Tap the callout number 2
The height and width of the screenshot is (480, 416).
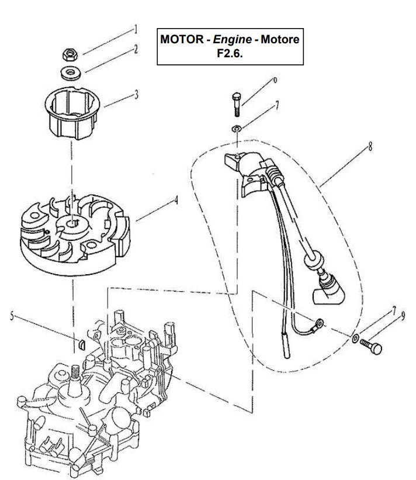(x=136, y=49)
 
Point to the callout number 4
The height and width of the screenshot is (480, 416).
(x=176, y=201)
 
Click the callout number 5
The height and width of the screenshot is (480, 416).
(x=12, y=317)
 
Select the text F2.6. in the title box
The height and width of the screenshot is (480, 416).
(x=230, y=54)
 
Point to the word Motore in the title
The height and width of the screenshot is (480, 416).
(x=280, y=40)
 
